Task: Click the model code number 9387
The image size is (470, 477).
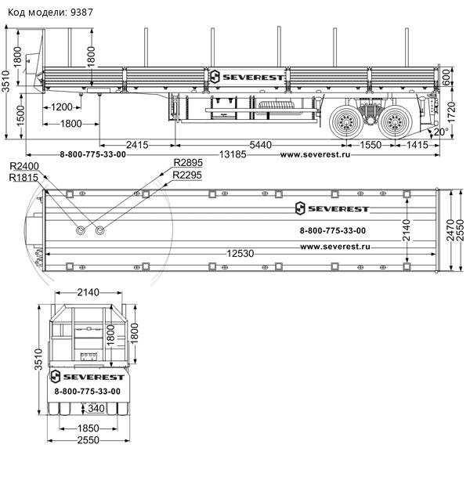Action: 81,13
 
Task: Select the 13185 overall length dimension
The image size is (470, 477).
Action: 233,154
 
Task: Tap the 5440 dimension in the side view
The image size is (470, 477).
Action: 260,145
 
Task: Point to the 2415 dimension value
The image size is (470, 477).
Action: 137,145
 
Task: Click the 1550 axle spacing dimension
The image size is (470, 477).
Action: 371,145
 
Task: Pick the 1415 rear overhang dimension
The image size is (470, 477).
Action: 417,145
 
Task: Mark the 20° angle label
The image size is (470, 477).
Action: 441,132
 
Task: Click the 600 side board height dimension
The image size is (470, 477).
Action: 446,78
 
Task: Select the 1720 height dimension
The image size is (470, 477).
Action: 451,112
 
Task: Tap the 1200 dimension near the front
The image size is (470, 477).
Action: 62,107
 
